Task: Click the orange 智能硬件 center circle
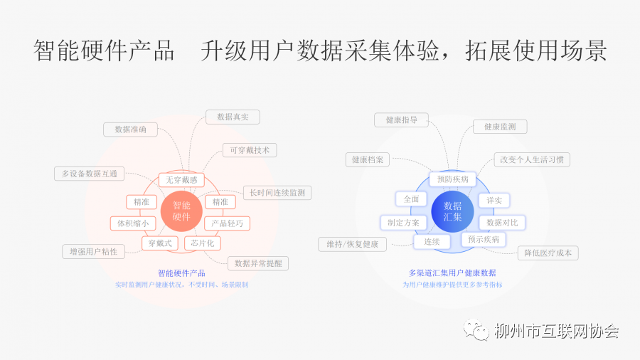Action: pos(181,211)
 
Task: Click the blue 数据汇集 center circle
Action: pos(452,211)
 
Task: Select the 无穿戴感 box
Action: pos(181,180)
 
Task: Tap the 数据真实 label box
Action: pos(233,117)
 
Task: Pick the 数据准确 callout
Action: pos(130,129)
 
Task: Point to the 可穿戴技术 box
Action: pos(250,150)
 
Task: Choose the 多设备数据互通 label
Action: pos(89,174)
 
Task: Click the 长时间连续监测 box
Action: pos(277,193)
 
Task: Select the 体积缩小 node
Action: pos(132,223)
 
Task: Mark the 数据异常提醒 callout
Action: pos(258,263)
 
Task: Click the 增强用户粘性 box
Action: pos(93,251)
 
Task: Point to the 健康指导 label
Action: pos(401,120)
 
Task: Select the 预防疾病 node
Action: pos(452,179)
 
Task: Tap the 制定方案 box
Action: pos(403,223)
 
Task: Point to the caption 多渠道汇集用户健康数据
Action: pos(452,272)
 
